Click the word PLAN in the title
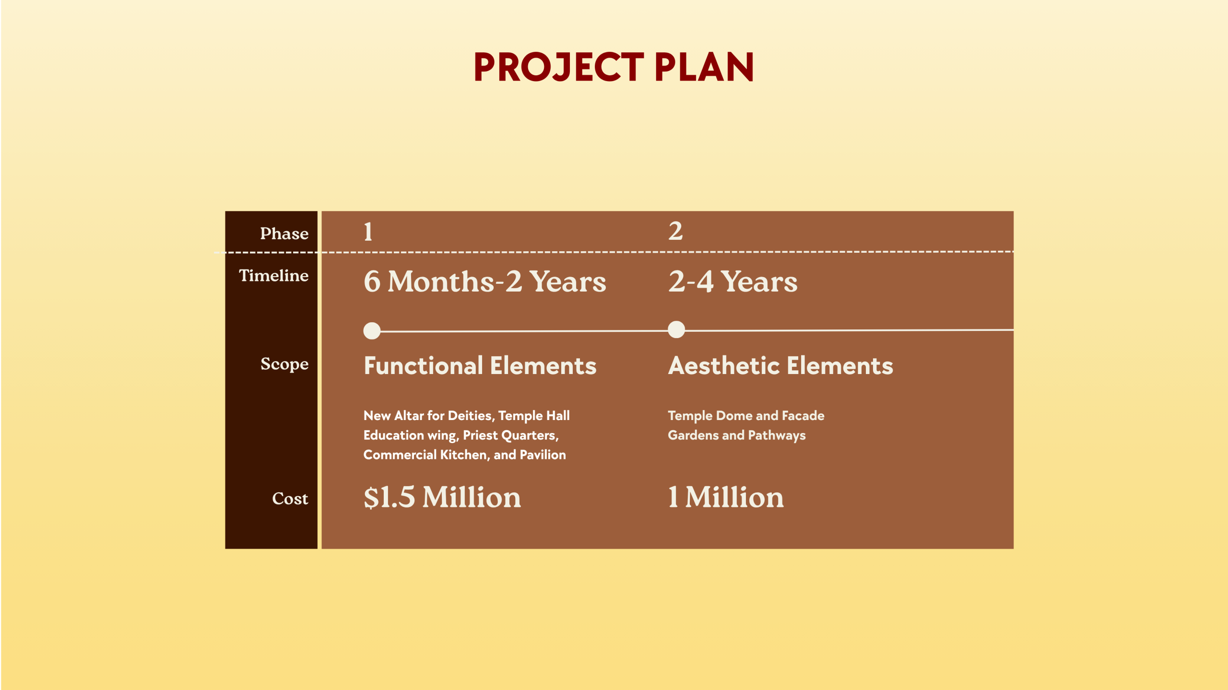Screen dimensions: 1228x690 704,67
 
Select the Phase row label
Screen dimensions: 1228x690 284,234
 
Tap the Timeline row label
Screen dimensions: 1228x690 274,275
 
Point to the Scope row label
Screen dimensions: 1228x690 284,364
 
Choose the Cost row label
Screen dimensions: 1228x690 290,499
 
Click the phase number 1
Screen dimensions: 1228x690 368,232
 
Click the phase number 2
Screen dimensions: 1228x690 675,231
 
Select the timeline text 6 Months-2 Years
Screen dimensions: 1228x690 485,281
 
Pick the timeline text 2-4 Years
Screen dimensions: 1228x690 733,281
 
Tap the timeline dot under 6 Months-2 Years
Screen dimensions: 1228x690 372,331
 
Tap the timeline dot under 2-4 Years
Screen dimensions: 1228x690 676,329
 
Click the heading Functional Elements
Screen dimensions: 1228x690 480,366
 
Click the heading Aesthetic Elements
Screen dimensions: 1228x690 780,366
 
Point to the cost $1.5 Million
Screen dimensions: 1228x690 442,497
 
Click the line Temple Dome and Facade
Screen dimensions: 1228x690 746,416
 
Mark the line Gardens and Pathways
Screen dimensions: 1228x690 737,435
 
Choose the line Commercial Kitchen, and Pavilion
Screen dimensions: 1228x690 464,455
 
